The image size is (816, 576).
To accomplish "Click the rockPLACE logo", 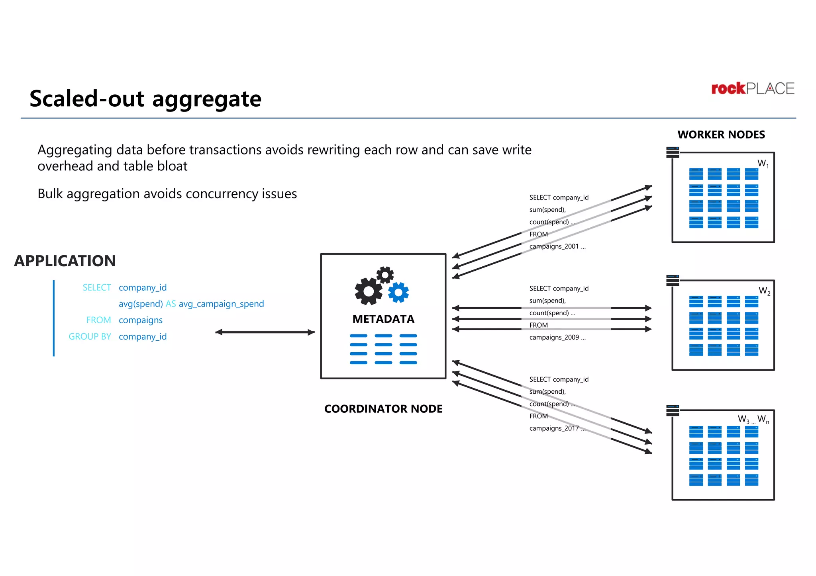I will click(753, 88).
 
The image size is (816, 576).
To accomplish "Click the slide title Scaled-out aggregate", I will click(145, 99).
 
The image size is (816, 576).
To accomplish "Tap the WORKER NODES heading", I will click(721, 135).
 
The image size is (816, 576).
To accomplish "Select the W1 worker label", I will click(763, 164).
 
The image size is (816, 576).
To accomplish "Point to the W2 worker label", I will click(764, 291).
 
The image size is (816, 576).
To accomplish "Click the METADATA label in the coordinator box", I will click(383, 319).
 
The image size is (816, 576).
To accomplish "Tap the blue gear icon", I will click(398, 293).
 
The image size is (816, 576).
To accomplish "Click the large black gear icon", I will click(369, 291).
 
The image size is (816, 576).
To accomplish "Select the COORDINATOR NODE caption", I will click(383, 409).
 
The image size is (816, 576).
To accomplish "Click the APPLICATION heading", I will click(65, 261).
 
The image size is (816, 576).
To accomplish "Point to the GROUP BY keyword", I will click(90, 336).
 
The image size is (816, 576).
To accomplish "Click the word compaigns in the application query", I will click(141, 320).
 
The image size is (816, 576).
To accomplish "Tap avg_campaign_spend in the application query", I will click(221, 304).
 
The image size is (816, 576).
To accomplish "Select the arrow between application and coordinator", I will click(265, 332).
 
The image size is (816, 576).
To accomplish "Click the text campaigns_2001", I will click(554, 246).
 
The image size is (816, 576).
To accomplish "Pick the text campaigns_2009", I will click(554, 337).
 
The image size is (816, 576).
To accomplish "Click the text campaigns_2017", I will click(554, 428).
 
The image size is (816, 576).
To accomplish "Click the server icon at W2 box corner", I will click(673, 280).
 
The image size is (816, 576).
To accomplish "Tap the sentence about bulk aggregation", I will click(167, 194).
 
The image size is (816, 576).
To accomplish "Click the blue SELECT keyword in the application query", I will click(97, 287).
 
